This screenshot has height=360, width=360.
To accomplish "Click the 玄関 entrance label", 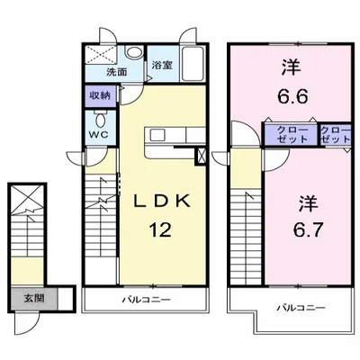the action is (34, 298).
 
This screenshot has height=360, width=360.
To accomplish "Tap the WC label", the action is (99, 135).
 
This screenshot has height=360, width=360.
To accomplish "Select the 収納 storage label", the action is (100, 96).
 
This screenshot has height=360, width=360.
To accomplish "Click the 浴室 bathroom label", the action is (162, 65).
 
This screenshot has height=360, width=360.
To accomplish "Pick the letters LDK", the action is (162, 202).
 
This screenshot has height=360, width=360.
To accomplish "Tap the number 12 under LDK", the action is (161, 230).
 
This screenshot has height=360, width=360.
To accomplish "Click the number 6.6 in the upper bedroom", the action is (292, 96).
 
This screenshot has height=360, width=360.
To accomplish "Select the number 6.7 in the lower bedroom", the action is (308, 230).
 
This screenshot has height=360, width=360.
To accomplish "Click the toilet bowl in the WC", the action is (100, 120).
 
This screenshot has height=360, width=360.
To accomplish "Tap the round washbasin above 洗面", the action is (134, 52).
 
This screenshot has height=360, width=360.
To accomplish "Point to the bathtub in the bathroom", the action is (193, 64).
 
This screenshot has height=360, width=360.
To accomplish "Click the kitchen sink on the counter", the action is (157, 135).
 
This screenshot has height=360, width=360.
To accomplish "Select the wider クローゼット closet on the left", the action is (291, 134).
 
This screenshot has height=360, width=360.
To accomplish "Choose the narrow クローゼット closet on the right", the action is (336, 134).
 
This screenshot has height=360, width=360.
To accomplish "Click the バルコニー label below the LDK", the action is (146, 300).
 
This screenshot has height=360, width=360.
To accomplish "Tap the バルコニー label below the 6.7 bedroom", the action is (301, 308).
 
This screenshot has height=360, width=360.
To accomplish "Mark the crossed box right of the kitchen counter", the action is (201, 156).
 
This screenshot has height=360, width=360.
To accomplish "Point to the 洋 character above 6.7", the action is (308, 203).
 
